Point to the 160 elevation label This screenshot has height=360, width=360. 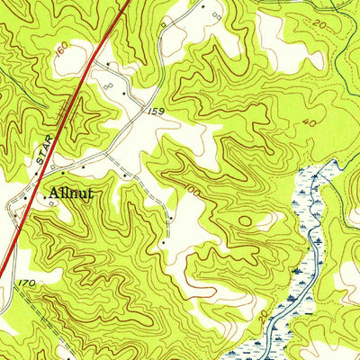click(x=60, y=53)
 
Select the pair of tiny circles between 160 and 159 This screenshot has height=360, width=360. click(x=108, y=83)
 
